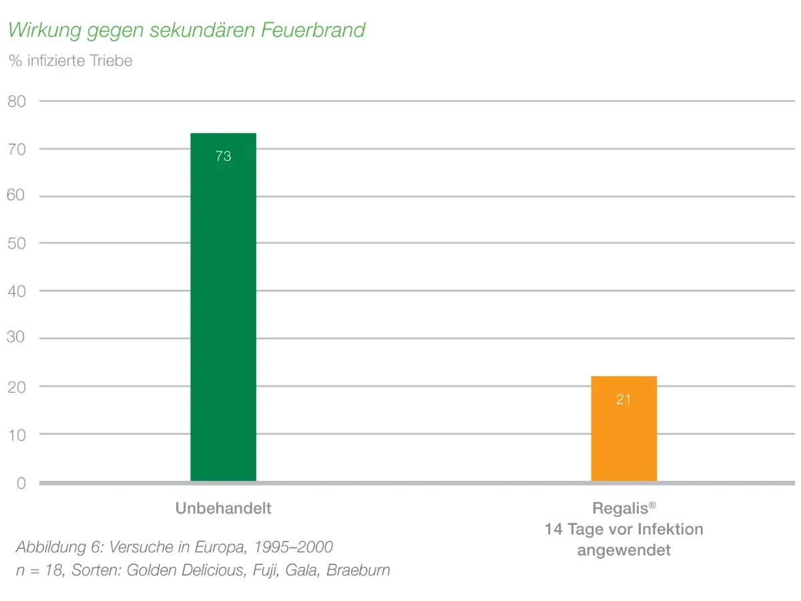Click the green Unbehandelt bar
223,307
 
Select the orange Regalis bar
623,429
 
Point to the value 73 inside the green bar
223,156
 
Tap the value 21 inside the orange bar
623,399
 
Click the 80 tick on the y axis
17,101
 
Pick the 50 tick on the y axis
17,243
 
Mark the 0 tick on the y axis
21,483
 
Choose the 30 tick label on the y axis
16,337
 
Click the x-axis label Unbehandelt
223,508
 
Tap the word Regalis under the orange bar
619,509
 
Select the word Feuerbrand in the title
313,29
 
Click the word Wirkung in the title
45,30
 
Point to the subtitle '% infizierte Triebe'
71,61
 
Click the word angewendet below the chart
623,550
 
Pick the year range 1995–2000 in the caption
294,547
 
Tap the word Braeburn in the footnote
358,570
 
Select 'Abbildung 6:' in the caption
60,547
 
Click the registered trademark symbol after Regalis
652,505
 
